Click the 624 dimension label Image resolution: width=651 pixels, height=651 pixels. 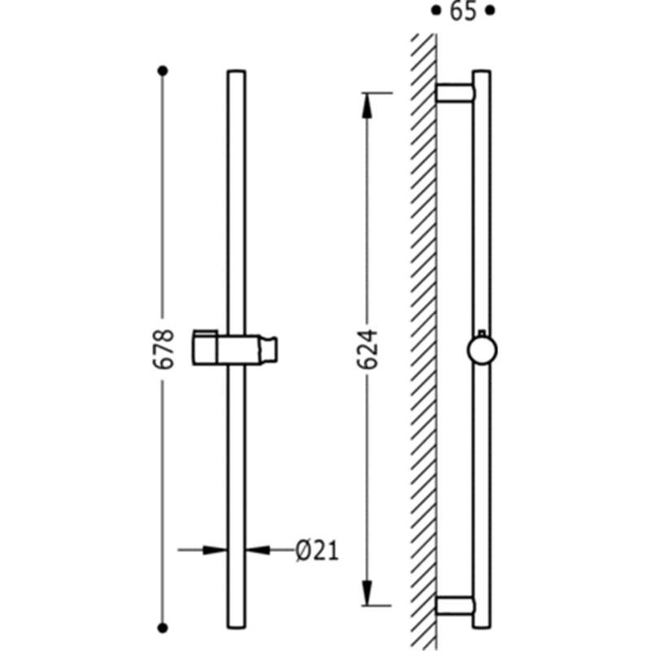[x=368, y=349]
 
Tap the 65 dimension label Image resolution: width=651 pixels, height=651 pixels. [x=462, y=11]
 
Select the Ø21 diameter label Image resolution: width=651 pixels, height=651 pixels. [x=317, y=551]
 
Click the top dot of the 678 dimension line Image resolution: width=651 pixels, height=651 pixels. [x=163, y=71]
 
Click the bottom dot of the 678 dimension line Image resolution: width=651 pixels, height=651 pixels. [x=163, y=627]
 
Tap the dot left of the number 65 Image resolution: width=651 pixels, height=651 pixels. [x=435, y=11]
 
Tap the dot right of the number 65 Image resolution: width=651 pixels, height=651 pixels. [x=491, y=11]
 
